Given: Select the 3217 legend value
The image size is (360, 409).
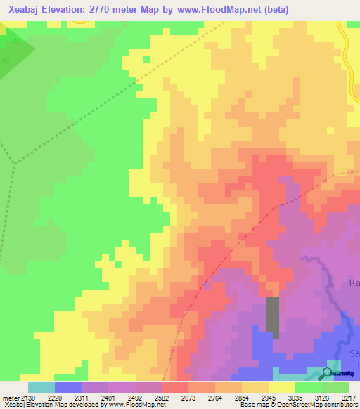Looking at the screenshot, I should (x=349, y=397).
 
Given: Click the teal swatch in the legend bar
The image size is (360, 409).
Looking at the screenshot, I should (x=41, y=387).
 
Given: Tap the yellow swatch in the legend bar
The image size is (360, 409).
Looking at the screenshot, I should (x=282, y=387).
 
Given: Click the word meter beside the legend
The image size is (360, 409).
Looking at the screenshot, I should (x=9, y=397).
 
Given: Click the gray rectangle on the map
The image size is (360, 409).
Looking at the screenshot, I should (x=272, y=317).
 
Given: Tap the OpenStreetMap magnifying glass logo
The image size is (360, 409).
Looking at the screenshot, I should (x=327, y=373).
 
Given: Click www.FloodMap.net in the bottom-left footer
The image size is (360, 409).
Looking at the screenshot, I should (x=136, y=405).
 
